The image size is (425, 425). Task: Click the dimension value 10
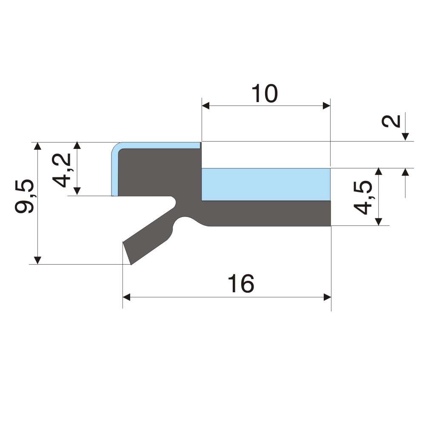click(x=265, y=94)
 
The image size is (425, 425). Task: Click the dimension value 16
click(x=241, y=283)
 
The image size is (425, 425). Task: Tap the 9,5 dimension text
click(x=24, y=196)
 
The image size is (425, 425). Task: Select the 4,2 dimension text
click(x=61, y=170)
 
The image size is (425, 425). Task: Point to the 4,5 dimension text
click(x=362, y=197)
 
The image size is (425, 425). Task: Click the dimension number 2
click(x=391, y=121)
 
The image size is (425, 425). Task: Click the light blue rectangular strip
click(x=266, y=184)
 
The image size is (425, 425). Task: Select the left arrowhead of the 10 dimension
click(x=205, y=106)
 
